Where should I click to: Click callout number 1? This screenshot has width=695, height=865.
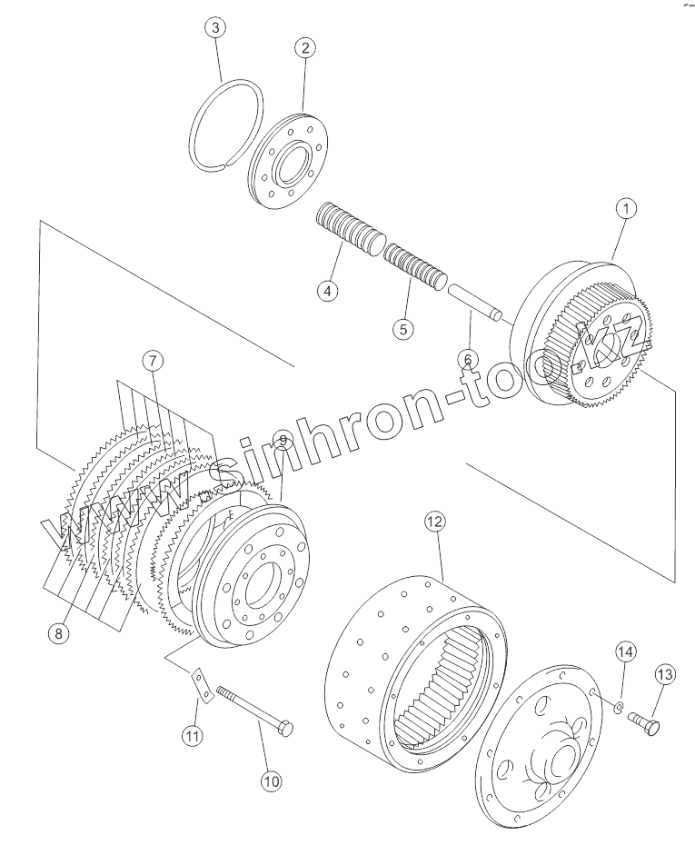(x=624, y=209)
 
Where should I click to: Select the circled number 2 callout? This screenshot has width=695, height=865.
(x=305, y=48)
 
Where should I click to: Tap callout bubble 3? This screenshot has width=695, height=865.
(x=214, y=28)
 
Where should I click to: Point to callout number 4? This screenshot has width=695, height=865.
(x=327, y=291)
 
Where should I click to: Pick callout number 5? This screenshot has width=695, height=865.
(x=403, y=328)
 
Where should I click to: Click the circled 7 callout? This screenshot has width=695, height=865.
(x=153, y=361)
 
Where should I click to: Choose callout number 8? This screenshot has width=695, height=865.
(x=58, y=633)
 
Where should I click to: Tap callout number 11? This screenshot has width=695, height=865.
(x=192, y=736)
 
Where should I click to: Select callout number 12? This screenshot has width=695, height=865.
(x=434, y=522)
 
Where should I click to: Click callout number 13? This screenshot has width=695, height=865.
(x=664, y=674)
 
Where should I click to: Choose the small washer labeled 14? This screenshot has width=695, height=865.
(x=619, y=706)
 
